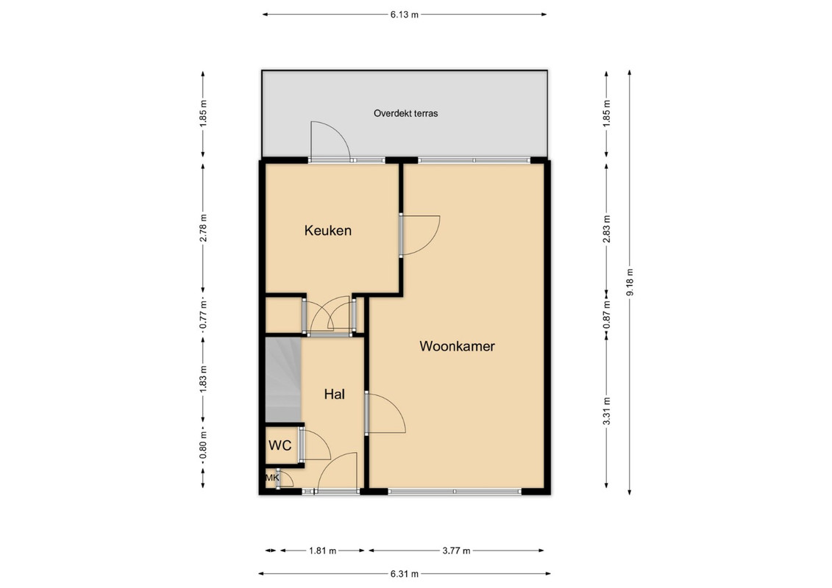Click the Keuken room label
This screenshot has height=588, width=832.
pyautogui.click(x=328, y=231)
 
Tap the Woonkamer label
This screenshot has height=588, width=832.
pyautogui.click(x=457, y=346)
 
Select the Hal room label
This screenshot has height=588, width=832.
pyautogui.click(x=334, y=394)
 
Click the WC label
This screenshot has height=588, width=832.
pyautogui.click(x=280, y=445)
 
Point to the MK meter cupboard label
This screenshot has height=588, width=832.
pyautogui.click(x=272, y=478)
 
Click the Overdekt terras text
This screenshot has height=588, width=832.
pyautogui.click(x=405, y=113)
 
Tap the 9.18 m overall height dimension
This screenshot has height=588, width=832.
pyautogui.click(x=630, y=282)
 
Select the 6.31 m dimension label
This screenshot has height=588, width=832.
pyautogui.click(x=405, y=574)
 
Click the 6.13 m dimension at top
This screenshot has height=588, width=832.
pyautogui.click(x=405, y=15)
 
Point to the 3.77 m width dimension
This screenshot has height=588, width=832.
pyautogui.click(x=456, y=551)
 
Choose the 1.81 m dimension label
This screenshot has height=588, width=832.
pyautogui.click(x=323, y=551)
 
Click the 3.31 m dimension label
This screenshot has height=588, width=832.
pyautogui.click(x=606, y=411)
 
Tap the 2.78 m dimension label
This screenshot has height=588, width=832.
pyautogui.click(x=203, y=228)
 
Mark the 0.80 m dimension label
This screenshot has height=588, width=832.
pyautogui.click(x=203, y=446)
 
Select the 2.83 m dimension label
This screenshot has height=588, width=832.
pyautogui.click(x=606, y=228)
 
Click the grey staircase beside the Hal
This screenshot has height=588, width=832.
pyautogui.click(x=282, y=380)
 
